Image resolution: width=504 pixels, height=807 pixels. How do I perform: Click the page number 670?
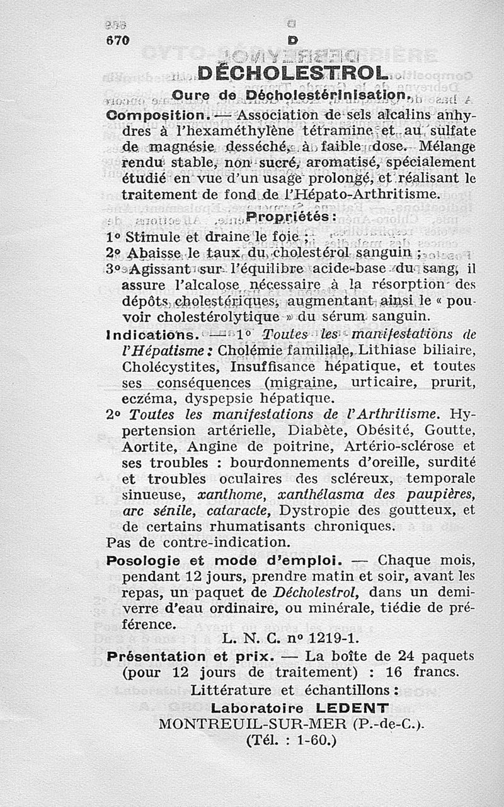point(117,39)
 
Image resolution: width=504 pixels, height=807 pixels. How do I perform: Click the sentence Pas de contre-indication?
point(198,542)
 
